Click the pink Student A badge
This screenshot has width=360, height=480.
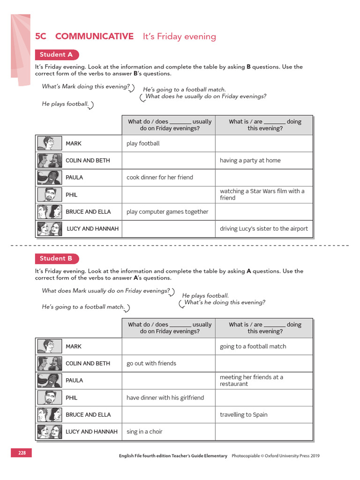(57, 55)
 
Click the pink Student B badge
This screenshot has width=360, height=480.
(57, 258)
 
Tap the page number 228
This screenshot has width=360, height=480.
(22, 453)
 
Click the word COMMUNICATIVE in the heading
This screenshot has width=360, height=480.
(94, 37)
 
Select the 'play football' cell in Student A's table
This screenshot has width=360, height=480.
(143, 143)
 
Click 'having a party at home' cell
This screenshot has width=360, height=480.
(250, 160)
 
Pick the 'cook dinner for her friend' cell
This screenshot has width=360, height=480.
(160, 177)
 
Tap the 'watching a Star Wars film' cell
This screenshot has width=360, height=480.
(262, 195)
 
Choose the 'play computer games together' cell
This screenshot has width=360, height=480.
(167, 211)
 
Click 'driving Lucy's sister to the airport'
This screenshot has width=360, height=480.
(264, 229)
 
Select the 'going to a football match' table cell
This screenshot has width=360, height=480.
(253, 346)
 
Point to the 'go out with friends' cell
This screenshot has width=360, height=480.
(151, 363)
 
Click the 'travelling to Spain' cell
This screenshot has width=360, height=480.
(244, 414)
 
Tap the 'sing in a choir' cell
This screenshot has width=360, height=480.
(144, 431)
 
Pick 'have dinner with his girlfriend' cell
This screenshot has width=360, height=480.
(165, 397)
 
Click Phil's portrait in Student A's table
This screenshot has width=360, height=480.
(49, 195)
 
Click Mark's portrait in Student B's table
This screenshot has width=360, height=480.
(49, 346)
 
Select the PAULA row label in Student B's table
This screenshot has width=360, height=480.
(74, 381)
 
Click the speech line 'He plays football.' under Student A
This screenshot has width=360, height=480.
(65, 104)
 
